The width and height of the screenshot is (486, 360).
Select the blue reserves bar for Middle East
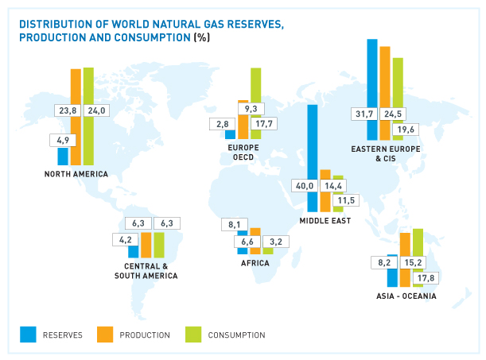[313, 143]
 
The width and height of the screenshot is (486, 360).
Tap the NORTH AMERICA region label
[76, 174]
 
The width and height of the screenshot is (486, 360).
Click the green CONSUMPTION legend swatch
[193, 335]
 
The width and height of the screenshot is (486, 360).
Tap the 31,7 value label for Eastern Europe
[364, 114]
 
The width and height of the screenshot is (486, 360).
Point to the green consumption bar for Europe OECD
[255, 87]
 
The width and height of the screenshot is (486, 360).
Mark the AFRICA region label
[255, 263]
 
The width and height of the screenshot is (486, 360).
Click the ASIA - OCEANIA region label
[406, 296]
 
